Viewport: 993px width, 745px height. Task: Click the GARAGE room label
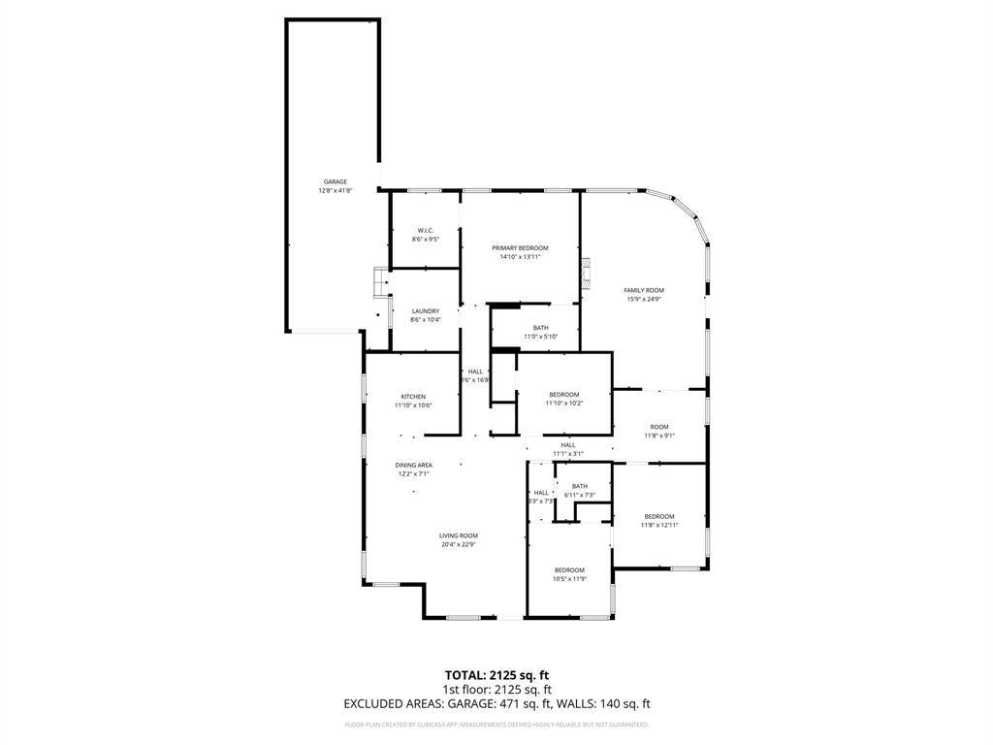(x=335, y=181)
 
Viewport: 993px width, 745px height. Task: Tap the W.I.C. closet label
(x=425, y=230)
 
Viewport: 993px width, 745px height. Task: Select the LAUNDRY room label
(x=425, y=311)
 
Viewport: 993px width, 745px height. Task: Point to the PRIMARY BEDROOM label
(x=520, y=248)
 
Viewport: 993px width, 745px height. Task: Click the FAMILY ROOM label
(x=643, y=290)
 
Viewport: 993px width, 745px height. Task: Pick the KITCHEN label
(x=413, y=397)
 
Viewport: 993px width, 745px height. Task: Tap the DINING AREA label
(x=413, y=465)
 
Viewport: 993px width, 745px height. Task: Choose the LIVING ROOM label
(x=459, y=535)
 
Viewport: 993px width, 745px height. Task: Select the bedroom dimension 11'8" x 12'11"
(x=658, y=525)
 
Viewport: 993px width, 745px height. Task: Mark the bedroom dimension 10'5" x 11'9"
(x=569, y=579)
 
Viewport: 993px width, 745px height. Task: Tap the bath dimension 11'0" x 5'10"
(x=540, y=337)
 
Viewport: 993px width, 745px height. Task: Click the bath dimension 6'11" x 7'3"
(x=579, y=495)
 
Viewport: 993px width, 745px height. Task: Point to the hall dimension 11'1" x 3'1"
(x=567, y=454)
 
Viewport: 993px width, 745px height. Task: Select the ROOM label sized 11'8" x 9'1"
(x=659, y=427)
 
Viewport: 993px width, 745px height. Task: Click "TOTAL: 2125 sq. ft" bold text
(x=496, y=675)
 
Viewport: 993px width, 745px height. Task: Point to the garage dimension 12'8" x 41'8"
(x=335, y=191)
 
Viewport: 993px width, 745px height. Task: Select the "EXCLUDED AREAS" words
(x=386, y=704)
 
